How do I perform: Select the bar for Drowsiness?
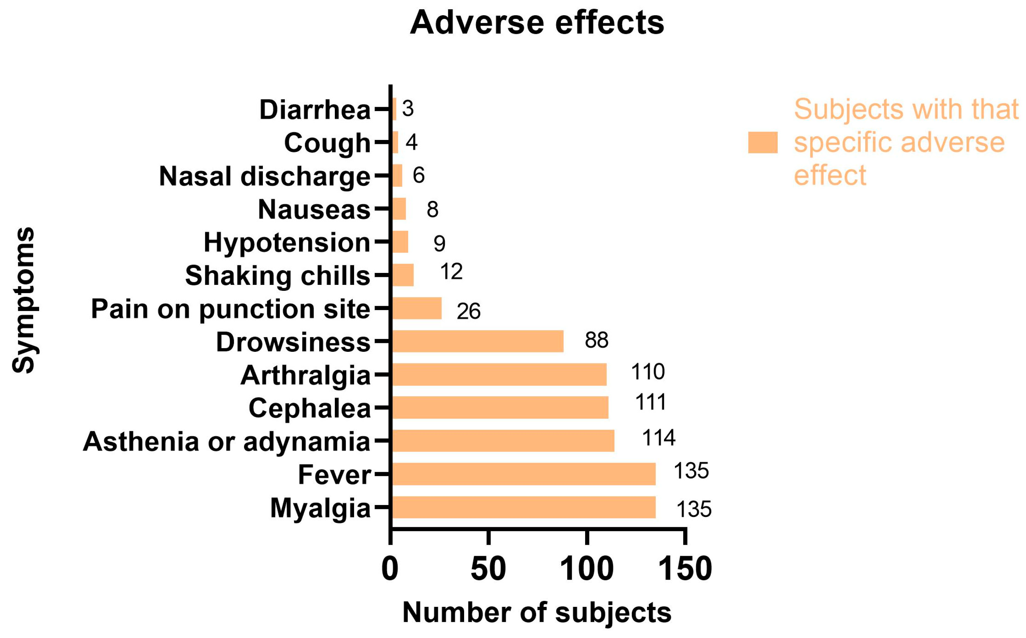tap(477, 341)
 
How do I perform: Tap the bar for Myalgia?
tap(523, 507)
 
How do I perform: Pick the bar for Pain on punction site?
tap(417, 308)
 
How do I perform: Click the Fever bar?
tap(523, 474)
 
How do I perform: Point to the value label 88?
tap(596, 340)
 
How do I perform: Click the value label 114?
tap(658, 438)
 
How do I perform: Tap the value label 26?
tap(468, 311)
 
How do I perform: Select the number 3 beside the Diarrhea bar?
tap(407, 108)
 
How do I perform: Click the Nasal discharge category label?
tap(265, 176)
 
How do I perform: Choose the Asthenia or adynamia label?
tap(226, 442)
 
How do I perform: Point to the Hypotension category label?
tap(287, 243)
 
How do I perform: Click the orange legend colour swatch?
tap(762, 142)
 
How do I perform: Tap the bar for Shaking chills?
tap(403, 275)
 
